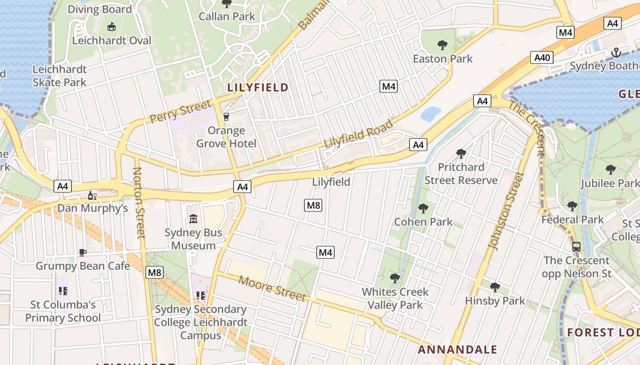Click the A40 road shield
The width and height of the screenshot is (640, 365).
click(x=542, y=57)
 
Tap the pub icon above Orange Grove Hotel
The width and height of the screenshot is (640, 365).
click(x=226, y=116)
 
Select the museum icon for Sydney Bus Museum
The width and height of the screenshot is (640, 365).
click(x=193, y=219)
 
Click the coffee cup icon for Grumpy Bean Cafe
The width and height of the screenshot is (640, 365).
click(x=83, y=252)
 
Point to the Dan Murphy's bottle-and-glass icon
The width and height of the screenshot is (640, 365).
click(x=92, y=195)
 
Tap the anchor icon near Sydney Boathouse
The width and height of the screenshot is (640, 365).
click(x=616, y=53)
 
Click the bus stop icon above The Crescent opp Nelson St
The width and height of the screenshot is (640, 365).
click(x=576, y=247)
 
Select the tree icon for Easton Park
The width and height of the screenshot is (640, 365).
click(x=442, y=45)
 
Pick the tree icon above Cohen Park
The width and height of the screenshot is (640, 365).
click(x=423, y=209)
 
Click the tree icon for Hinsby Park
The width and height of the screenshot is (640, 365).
click(x=495, y=287)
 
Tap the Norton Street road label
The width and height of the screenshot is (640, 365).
click(x=139, y=203)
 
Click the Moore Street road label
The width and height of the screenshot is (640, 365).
click(x=272, y=288)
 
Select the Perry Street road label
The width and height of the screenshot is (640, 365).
click(x=181, y=111)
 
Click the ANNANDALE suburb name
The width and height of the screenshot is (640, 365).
click(x=458, y=350)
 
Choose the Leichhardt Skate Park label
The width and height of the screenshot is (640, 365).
click(x=59, y=76)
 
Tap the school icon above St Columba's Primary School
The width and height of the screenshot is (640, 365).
click(x=63, y=291)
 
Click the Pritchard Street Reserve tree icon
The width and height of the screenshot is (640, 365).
click(x=461, y=153)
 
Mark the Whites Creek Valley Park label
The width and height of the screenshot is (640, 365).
click(x=395, y=298)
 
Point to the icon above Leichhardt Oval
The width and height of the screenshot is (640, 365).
click(x=111, y=27)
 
